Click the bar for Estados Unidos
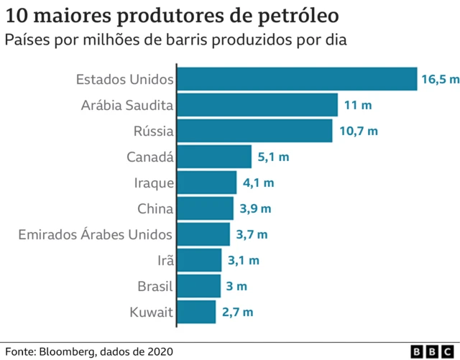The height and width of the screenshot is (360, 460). click(x=297, y=79)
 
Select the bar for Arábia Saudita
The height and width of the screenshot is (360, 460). click(x=257, y=105)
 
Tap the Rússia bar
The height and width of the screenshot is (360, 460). click(x=254, y=131)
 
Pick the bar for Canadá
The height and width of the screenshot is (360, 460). click(x=214, y=157)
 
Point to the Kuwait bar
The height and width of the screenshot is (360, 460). click(x=196, y=312)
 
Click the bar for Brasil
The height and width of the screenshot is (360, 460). click(x=198, y=286)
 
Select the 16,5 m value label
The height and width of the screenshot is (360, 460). click(x=439, y=79)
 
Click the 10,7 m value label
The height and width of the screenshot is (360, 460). click(x=357, y=131)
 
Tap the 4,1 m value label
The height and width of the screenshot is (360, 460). click(x=258, y=183)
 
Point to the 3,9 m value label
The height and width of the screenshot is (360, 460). click(x=255, y=208)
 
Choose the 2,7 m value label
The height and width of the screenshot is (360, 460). click(x=237, y=312)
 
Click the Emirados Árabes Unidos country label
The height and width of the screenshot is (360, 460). click(x=95, y=234)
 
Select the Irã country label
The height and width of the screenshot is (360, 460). click(x=164, y=260)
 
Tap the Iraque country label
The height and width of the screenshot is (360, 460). click(x=154, y=183)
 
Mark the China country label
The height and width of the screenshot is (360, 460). click(x=155, y=208)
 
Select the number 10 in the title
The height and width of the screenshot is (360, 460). click(x=16, y=15)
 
